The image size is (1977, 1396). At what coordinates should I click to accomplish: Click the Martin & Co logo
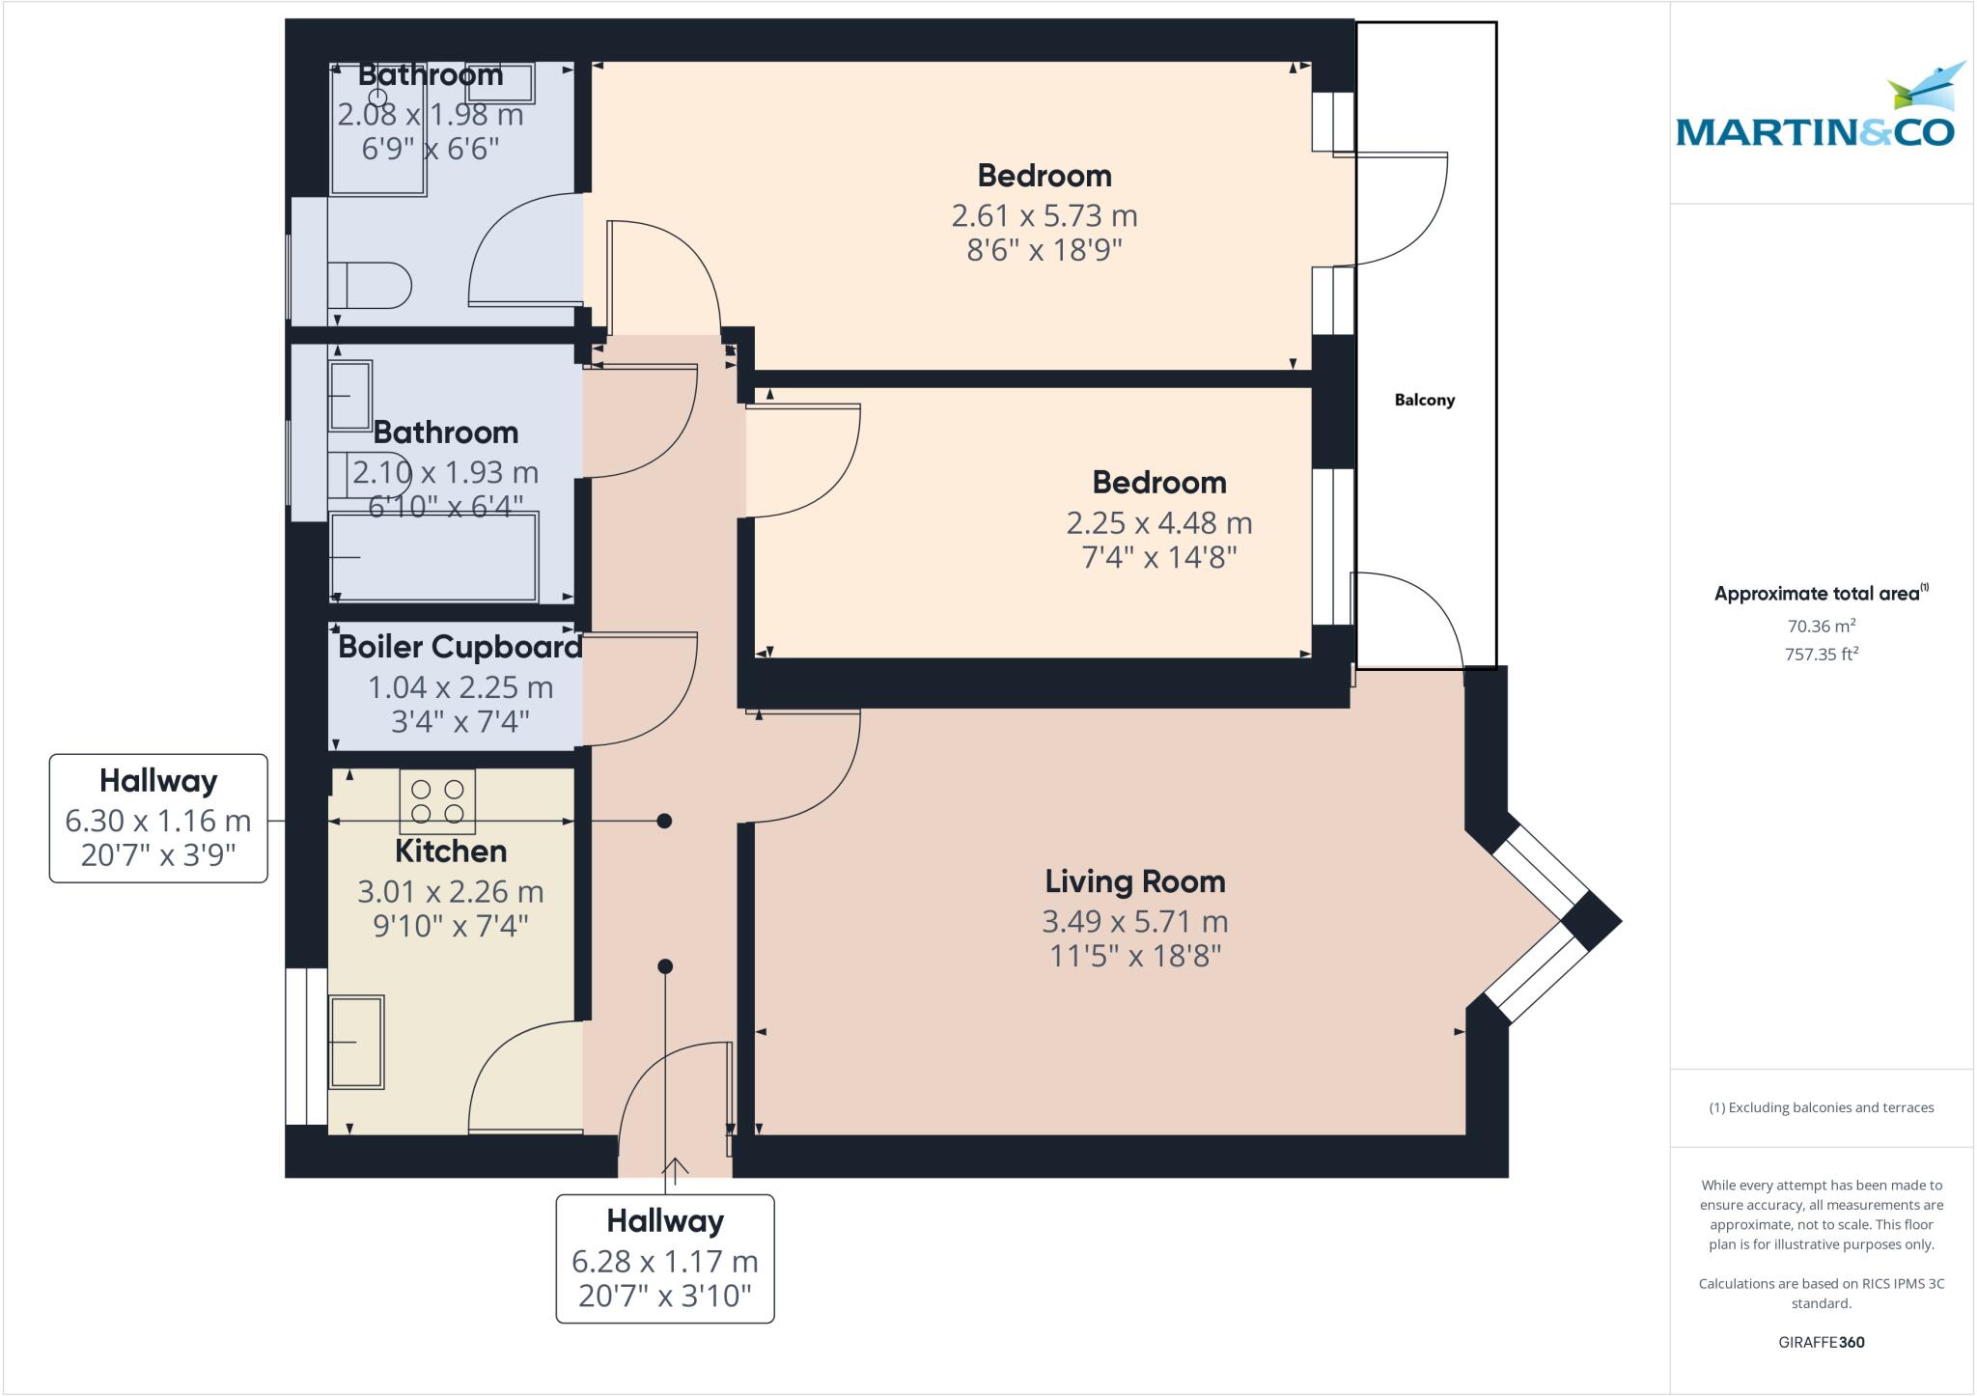(x=1816, y=108)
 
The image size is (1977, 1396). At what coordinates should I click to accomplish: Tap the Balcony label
(x=1424, y=400)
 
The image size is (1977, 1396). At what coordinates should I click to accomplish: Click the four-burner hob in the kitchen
(x=437, y=801)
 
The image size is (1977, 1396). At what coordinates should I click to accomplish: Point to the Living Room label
(x=1134, y=880)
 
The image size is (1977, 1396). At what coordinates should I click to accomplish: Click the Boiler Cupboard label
(x=459, y=647)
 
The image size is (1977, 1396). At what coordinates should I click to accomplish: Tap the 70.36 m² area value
(x=1821, y=626)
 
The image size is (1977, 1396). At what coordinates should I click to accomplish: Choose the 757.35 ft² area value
(x=1821, y=655)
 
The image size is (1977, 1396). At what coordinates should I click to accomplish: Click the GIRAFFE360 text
(x=1821, y=1342)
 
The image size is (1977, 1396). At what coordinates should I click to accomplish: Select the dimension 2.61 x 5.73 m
(x=1044, y=215)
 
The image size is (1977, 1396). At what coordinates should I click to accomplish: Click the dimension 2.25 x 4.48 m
(x=1158, y=522)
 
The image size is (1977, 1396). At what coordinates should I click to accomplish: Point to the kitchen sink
(x=357, y=1042)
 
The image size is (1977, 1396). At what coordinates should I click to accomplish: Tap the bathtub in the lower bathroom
(x=434, y=558)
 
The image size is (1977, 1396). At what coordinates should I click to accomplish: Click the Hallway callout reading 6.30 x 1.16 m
(x=158, y=819)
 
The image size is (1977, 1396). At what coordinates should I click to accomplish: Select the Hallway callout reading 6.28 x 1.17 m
(x=664, y=1258)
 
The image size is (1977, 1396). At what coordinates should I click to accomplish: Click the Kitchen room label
(x=451, y=851)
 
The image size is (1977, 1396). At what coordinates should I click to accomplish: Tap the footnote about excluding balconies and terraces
(x=1821, y=1107)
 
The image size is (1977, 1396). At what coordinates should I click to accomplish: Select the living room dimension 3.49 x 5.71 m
(x=1134, y=921)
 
